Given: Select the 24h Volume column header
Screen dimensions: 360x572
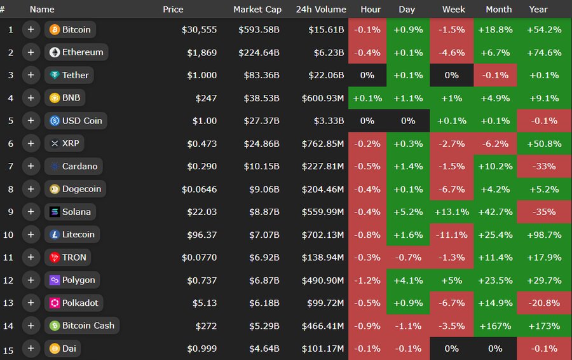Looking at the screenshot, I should [321, 9].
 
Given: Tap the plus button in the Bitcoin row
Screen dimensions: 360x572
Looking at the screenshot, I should [31, 30].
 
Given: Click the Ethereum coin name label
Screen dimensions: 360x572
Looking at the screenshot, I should [83, 52].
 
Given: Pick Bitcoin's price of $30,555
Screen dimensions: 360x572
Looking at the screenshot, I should [199, 30].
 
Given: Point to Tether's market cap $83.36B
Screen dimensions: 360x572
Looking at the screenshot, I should [261, 75].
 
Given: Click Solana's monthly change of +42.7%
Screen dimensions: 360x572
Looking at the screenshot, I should [498, 212].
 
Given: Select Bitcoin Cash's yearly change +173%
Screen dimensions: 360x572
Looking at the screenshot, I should [545, 326].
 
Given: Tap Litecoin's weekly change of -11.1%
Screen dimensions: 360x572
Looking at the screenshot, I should [451, 235].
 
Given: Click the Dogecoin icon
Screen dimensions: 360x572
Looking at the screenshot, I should [55, 189].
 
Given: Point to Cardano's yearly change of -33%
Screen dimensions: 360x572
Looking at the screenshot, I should [545, 167].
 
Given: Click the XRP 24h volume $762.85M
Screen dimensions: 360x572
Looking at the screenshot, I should [322, 144].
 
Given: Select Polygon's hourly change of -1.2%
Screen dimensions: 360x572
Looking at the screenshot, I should [367, 280].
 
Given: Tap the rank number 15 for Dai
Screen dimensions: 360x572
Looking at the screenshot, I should [10, 349].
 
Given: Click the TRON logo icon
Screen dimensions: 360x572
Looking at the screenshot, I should [55, 258].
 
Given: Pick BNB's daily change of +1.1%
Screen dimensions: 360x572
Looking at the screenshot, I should [407, 98].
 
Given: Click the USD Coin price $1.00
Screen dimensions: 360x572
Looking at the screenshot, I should [204, 121].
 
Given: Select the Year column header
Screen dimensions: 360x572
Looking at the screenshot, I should [538, 9].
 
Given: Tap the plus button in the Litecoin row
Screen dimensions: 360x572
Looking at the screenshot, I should [31, 235].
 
